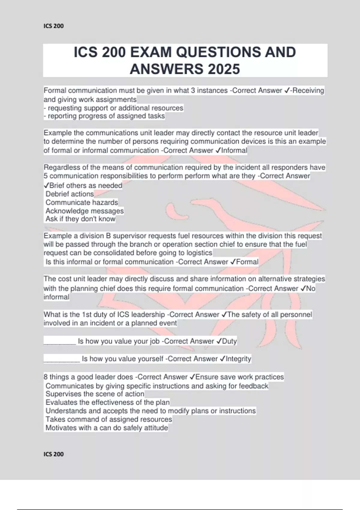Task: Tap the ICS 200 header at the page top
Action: coord(54,26)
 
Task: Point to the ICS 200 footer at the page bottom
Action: coord(54,454)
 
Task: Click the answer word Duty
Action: coord(229,341)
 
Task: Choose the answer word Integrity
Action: coord(238,359)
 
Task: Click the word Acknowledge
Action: coord(63,211)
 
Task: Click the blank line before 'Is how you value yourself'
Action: coord(62,359)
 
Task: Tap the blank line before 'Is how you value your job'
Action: coord(60,342)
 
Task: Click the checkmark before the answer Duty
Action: coord(219,341)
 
